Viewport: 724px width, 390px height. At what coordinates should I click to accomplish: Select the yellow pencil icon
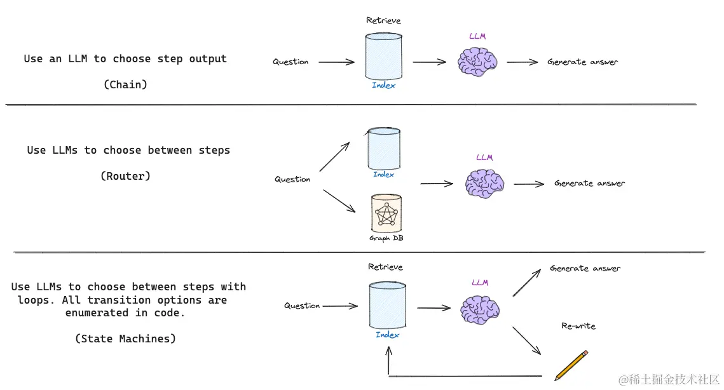[571, 365]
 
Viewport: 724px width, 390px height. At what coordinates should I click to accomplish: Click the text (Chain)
[125, 84]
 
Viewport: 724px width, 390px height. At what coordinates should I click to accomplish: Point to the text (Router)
[125, 176]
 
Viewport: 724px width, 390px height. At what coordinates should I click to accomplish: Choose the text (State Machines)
[125, 339]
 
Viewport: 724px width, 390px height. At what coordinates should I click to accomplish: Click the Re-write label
[578, 326]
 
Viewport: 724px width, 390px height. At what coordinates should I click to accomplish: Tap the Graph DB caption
[386, 238]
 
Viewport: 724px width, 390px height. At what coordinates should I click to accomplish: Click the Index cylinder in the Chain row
[383, 57]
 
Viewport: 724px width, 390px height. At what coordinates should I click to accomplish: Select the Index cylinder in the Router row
[384, 149]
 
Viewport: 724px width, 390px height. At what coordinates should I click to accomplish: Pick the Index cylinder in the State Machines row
[387, 306]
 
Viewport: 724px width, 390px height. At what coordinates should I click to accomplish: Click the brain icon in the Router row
[484, 184]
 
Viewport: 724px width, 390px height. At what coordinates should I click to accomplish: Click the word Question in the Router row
[292, 179]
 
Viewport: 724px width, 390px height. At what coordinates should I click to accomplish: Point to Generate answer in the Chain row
[582, 62]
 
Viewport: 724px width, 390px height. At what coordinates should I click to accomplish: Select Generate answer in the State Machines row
[585, 269]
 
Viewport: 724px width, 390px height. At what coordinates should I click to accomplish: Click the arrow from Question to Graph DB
[339, 201]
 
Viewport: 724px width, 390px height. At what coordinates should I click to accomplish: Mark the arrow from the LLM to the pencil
[526, 340]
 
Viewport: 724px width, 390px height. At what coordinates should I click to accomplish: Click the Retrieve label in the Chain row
[383, 20]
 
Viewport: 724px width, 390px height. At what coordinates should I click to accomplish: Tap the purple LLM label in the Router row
[484, 158]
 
